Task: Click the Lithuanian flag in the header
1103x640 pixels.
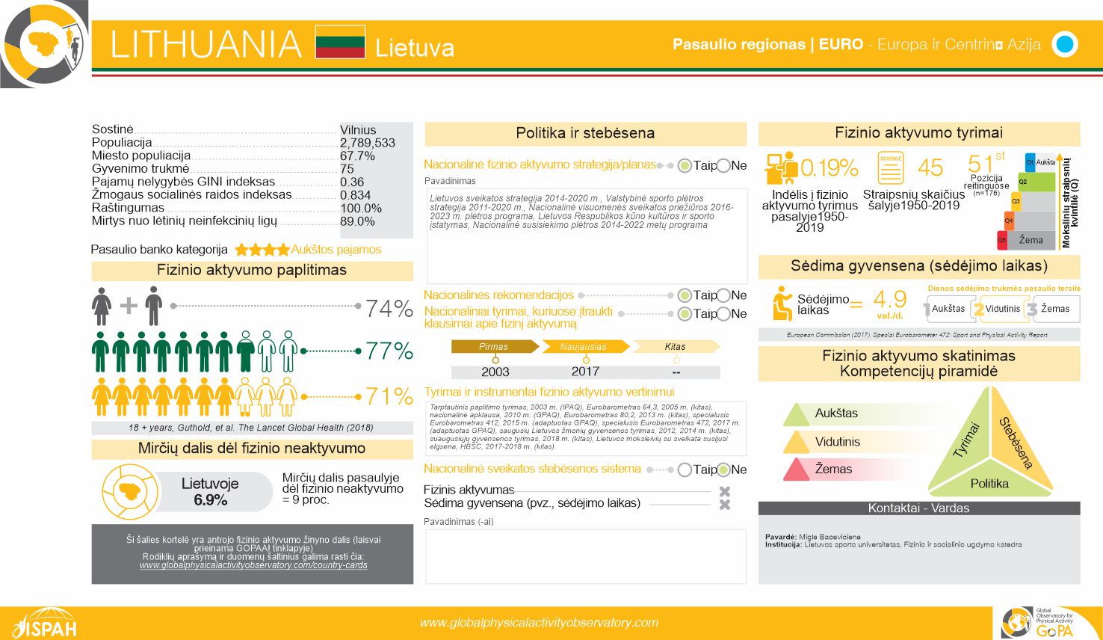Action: [340, 42]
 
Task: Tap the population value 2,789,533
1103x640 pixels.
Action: [367, 143]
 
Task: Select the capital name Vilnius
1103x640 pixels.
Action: [358, 130]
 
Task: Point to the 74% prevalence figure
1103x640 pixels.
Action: [389, 308]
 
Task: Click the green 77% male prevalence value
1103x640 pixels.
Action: [389, 351]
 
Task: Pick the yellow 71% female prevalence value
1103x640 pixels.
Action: [389, 396]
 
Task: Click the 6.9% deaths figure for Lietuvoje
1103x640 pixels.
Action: [210, 500]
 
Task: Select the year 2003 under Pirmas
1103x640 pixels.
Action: [495, 372]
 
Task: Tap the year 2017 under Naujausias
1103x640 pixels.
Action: [585, 372]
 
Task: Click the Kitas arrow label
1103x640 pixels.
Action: [675, 347]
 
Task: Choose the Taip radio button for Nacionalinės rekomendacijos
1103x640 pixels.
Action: [685, 295]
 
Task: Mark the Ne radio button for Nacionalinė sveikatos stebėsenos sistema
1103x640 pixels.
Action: [723, 470]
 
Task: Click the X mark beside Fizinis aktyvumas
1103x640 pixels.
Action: [724, 491]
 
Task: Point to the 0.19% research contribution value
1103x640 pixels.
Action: [829, 167]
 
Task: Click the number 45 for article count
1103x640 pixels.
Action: [930, 167]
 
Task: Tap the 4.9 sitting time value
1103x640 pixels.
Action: [889, 300]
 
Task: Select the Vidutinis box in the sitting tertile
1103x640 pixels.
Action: [1001, 309]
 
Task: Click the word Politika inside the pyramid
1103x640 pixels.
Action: [989, 484]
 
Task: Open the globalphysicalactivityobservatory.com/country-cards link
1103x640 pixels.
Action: [253, 565]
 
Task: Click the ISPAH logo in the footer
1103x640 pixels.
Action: [45, 624]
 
